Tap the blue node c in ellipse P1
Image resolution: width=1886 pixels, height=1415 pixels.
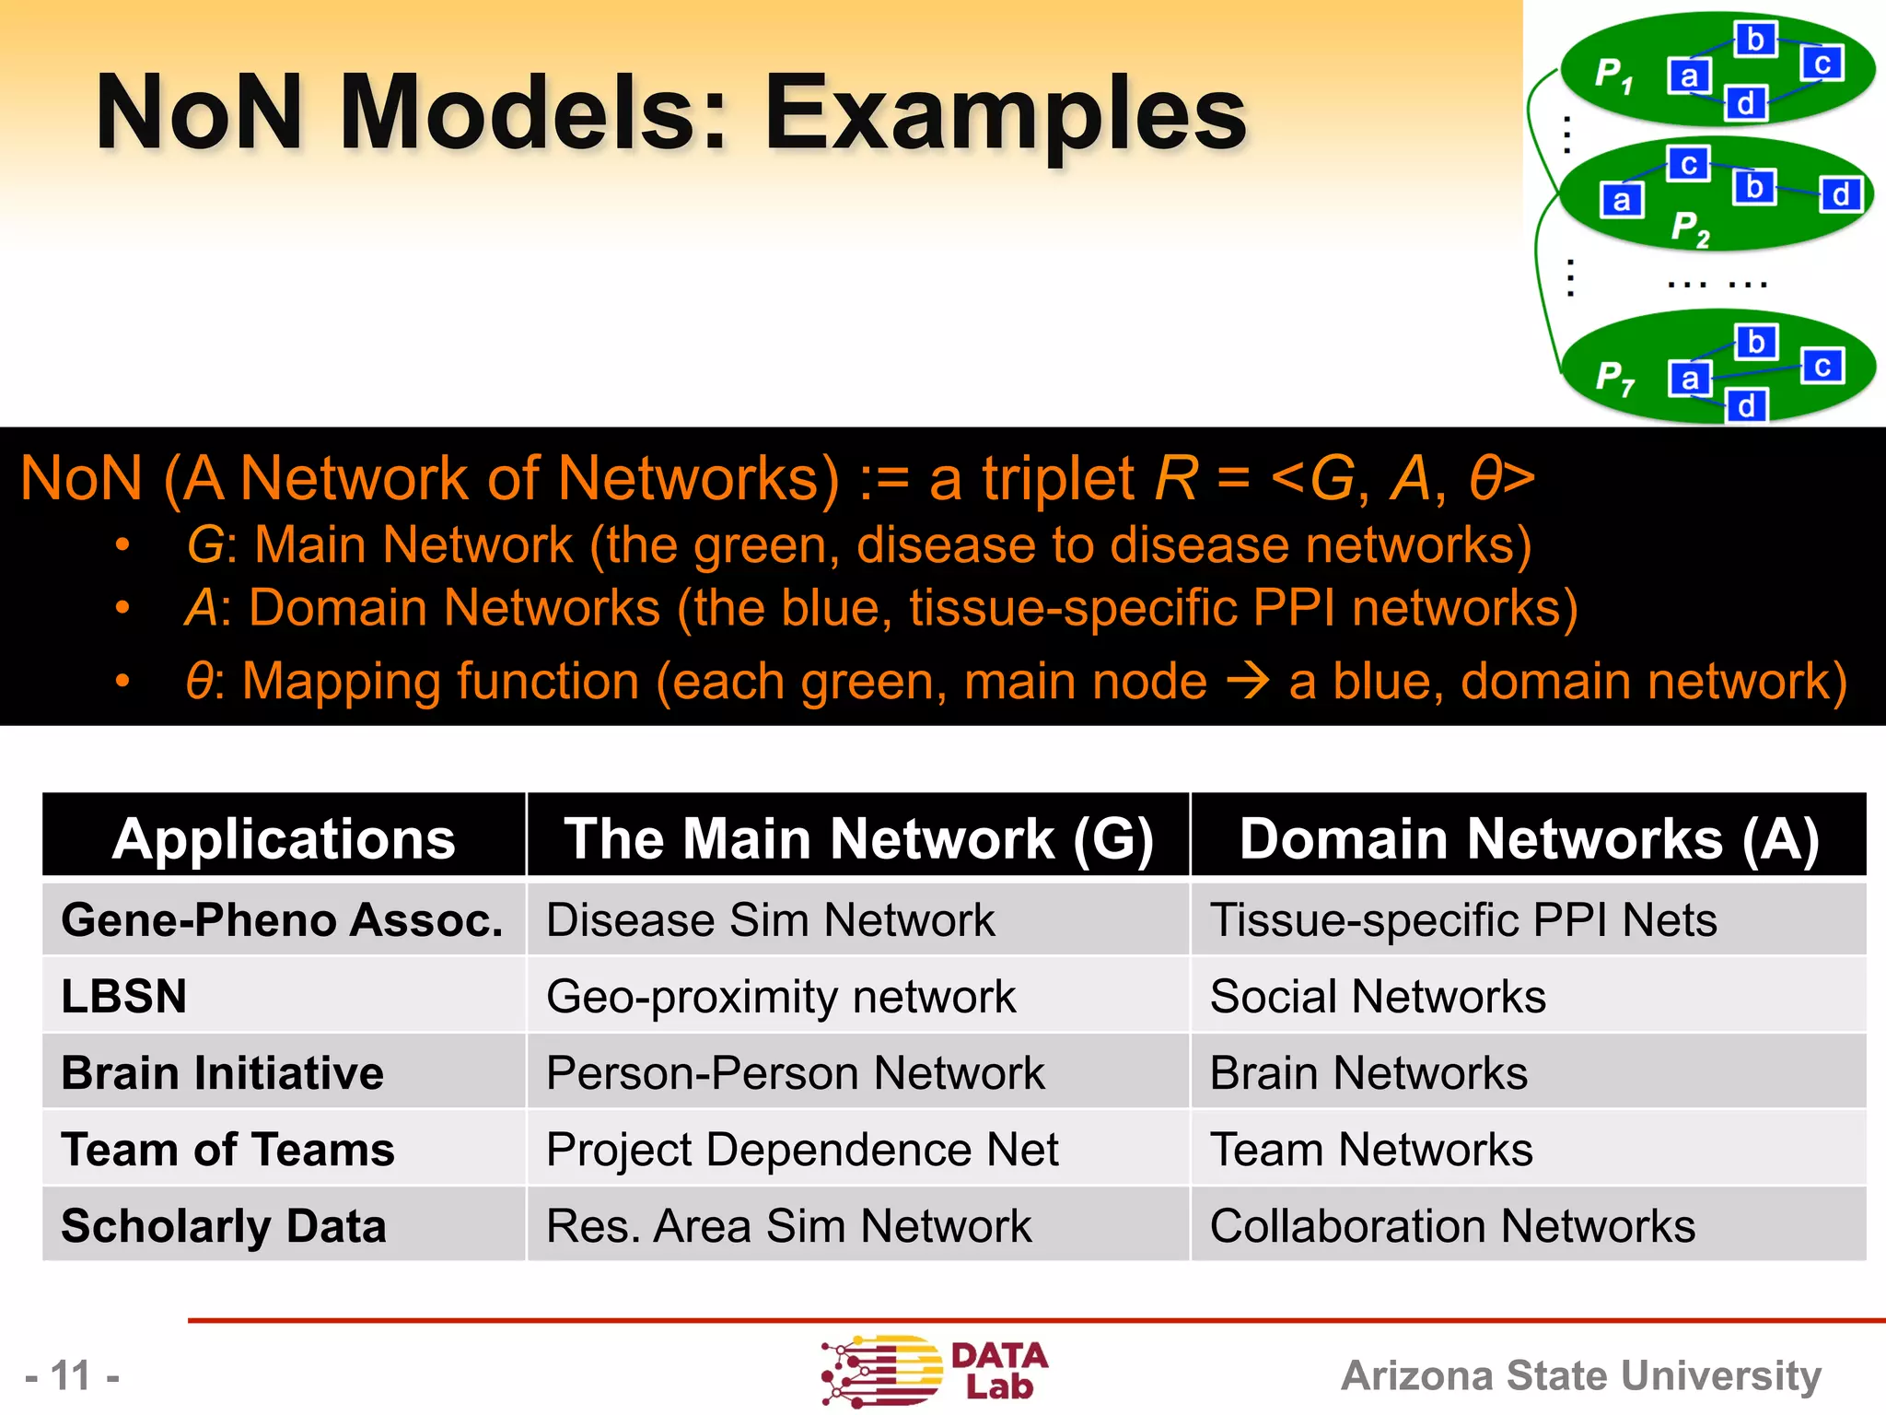[x=1822, y=64]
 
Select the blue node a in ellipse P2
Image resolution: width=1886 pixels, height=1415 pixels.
[x=1622, y=200]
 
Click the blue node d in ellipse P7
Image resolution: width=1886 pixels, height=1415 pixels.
[x=1746, y=405]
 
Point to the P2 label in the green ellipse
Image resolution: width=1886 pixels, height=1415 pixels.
[x=1690, y=228]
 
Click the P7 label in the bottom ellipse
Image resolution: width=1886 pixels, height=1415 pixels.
[x=1614, y=377]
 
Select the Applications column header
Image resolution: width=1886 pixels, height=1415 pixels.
[x=284, y=838]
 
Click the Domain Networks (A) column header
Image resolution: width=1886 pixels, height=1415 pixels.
[x=1529, y=838]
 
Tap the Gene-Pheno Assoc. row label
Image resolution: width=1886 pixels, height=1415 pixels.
[x=282, y=919]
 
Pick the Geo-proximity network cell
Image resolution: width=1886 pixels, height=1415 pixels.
[x=780, y=997]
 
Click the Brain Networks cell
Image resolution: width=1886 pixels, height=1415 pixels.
[x=1368, y=1073]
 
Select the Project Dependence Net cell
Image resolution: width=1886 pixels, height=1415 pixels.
[x=802, y=1150]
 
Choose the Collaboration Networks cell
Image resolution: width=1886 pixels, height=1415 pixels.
[x=1452, y=1226]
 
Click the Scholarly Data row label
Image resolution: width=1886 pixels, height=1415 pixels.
[x=224, y=1226]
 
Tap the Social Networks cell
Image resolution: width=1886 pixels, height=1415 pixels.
[x=1378, y=997]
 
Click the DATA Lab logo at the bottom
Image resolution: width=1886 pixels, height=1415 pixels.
[x=934, y=1372]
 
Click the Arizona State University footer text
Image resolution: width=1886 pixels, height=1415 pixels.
[x=1580, y=1375]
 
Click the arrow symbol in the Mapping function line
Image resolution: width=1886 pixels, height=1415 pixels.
[x=1248, y=682]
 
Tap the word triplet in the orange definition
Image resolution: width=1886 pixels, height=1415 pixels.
[x=1058, y=479]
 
